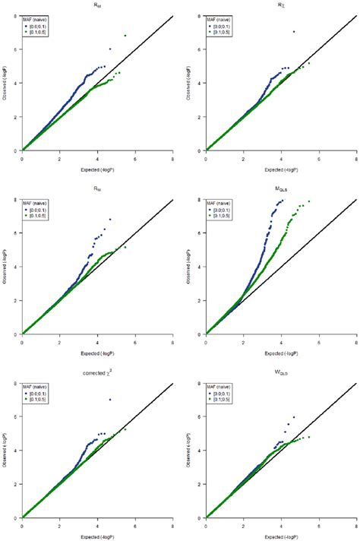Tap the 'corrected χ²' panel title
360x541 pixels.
click(x=96, y=372)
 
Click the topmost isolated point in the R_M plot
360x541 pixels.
click(x=125, y=36)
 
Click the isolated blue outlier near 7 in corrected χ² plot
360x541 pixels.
click(x=110, y=400)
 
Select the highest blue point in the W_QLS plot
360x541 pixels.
click(x=294, y=416)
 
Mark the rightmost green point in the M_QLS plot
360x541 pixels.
click(x=308, y=201)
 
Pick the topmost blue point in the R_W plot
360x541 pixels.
click(x=110, y=220)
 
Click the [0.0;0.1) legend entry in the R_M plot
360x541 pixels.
click(x=41, y=26)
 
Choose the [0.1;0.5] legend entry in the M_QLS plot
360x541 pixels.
click(x=225, y=216)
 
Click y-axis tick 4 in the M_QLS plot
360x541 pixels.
click(x=201, y=267)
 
